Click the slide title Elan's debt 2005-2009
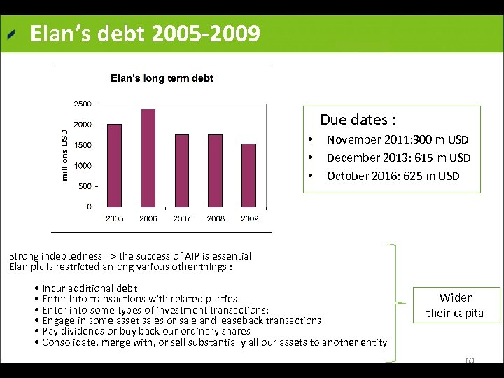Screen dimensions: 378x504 pos(145,34)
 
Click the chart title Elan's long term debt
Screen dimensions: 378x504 pos(162,78)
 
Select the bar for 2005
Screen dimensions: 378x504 pos(114,165)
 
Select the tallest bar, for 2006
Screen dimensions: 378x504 pos(148,157)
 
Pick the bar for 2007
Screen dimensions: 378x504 pos(182,170)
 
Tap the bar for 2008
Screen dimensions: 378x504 pos(216,170)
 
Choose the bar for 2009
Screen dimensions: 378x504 pos(249,175)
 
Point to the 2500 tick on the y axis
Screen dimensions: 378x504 pos(82,104)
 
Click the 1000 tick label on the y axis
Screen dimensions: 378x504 pos(82,166)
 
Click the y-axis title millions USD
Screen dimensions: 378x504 pos(65,154)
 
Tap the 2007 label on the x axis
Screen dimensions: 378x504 pos(182,218)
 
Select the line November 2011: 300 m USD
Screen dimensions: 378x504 pos(397,140)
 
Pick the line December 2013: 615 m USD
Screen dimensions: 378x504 pos(398,158)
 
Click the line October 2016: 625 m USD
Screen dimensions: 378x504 pos(393,176)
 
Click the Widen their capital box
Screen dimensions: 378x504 pos(456,305)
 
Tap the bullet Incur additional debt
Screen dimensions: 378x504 pos(90,288)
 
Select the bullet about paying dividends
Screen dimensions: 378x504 pos(146,331)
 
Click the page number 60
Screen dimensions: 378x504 pos(470,361)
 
